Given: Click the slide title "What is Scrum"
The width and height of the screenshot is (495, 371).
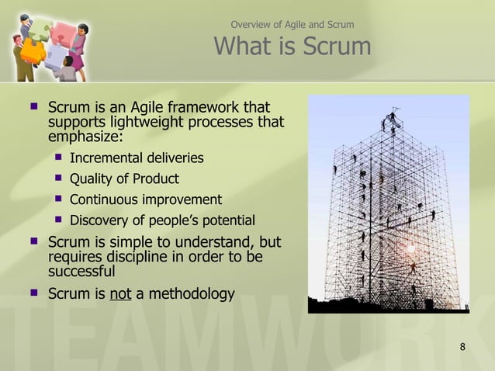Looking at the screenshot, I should point(292,47).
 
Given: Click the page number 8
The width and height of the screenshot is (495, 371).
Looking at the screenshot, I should point(462,346).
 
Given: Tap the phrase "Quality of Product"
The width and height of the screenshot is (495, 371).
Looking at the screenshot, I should point(124,179).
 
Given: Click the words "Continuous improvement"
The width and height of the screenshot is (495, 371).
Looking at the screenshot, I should point(146,199).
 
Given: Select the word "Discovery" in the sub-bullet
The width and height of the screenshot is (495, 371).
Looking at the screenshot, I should point(100,220).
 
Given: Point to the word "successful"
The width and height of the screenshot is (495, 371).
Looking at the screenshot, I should point(81,272).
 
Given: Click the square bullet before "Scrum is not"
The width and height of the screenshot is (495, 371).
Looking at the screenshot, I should point(33,293).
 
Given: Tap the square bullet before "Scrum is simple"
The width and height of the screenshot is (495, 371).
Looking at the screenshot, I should point(33,241).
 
